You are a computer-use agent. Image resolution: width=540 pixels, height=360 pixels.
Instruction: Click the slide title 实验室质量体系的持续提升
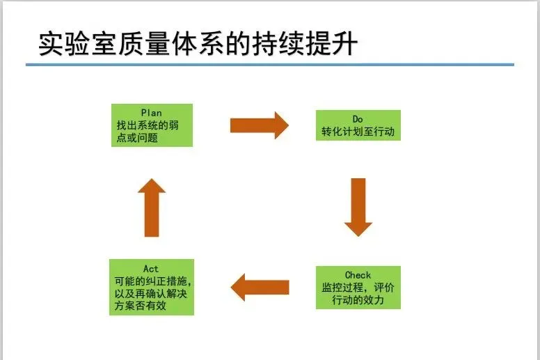point(198,43)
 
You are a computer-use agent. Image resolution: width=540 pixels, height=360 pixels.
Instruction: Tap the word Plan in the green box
point(151,113)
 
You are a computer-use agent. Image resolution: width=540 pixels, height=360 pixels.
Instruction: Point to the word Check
point(358,275)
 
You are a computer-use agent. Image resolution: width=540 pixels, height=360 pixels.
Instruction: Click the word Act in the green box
point(151,269)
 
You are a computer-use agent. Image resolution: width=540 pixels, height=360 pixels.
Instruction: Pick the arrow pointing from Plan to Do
point(259,125)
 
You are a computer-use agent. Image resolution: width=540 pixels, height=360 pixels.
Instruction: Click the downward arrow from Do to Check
point(358,207)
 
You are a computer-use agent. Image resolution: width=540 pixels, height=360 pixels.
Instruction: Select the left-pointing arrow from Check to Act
point(260,286)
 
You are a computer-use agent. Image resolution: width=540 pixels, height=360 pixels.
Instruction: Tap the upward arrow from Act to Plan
point(152,208)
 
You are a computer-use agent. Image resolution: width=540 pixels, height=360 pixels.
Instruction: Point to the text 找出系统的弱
point(150,125)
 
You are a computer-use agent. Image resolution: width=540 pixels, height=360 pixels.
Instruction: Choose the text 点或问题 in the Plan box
point(137,137)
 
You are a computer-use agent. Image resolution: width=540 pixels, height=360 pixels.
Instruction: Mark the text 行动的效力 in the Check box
point(358,300)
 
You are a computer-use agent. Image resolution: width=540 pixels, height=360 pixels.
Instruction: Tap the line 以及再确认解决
point(151,293)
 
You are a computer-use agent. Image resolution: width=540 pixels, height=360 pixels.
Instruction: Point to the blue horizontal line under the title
point(270,65)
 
